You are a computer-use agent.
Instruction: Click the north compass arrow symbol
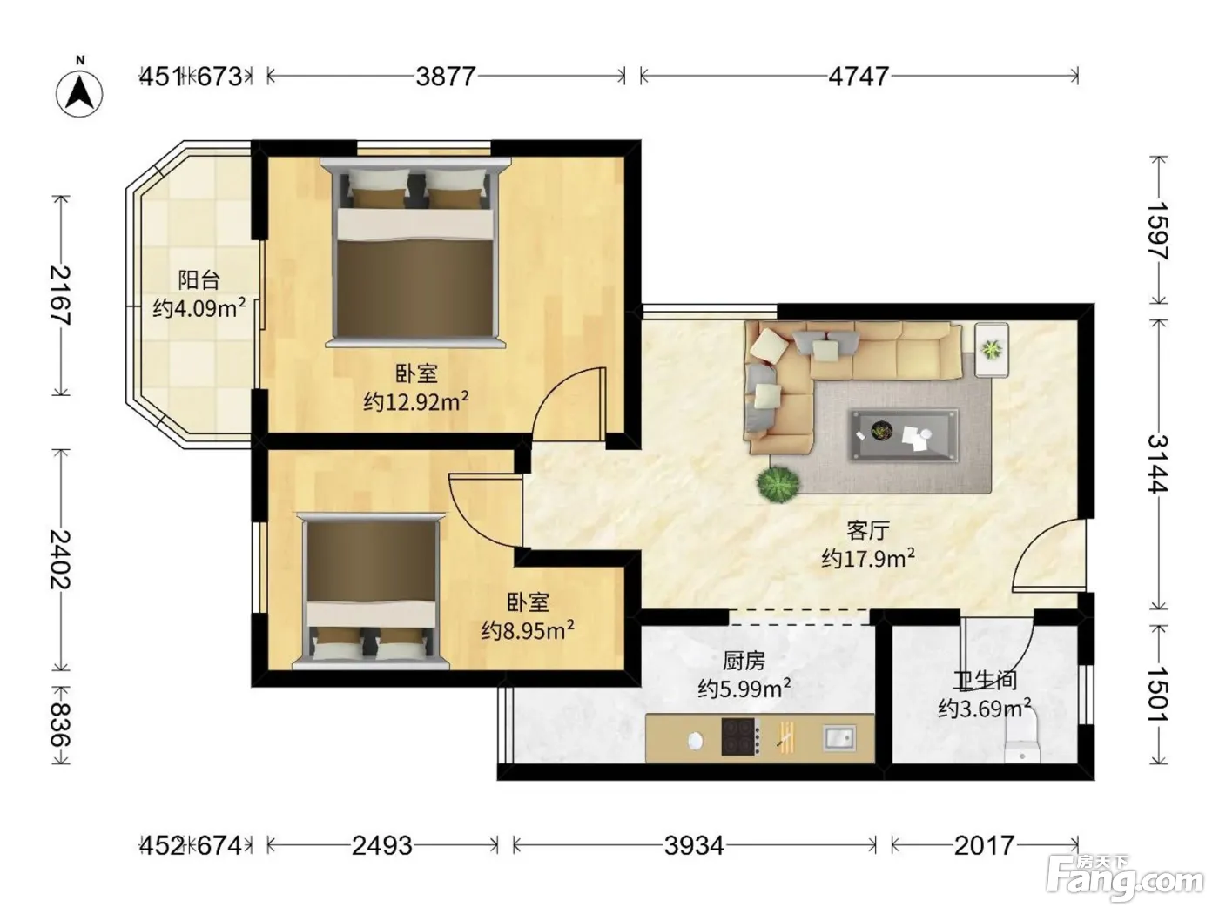point(79,93)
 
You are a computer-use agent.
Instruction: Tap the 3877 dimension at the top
point(446,77)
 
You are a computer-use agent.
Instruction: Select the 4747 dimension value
point(859,77)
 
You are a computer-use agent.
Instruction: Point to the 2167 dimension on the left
point(61,295)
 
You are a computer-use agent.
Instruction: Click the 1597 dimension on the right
point(1158,231)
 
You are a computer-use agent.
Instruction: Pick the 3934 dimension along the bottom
point(694,846)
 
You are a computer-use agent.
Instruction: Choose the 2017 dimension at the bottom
point(985,846)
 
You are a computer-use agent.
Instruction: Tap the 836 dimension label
point(61,725)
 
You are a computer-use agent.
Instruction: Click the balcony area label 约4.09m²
point(199,307)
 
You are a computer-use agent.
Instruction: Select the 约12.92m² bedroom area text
point(416,400)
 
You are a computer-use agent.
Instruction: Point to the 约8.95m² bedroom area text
point(528,630)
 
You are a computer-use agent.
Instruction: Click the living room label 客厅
point(868,530)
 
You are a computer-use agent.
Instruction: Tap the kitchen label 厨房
point(744,661)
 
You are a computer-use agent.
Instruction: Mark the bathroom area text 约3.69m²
point(985,708)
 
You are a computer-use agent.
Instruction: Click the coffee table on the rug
point(905,435)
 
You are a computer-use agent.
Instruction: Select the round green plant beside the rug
point(778,485)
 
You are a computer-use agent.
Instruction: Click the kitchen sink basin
point(839,738)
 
